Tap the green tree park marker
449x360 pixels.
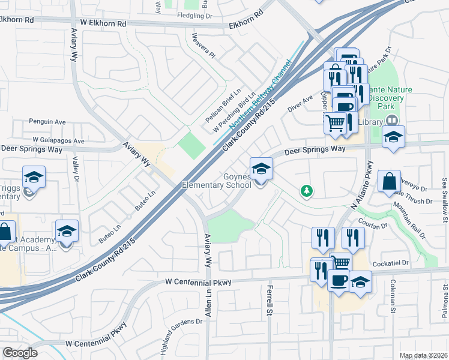click(x=307, y=191)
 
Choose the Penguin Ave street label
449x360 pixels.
click(x=47, y=122)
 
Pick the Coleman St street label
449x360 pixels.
click(x=394, y=296)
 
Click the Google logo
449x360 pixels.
click(x=20, y=353)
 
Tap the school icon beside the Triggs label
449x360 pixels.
click(x=34, y=177)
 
